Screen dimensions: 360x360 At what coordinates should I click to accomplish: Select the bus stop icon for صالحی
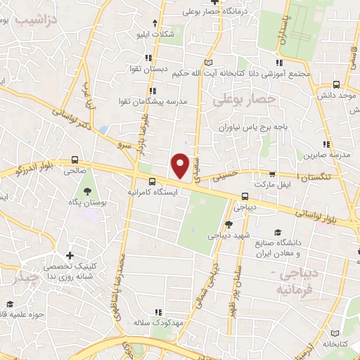(x=75, y=160)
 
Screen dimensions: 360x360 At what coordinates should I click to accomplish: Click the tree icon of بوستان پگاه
(x=86, y=191)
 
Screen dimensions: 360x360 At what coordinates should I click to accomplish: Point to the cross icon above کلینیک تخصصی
(x=68, y=256)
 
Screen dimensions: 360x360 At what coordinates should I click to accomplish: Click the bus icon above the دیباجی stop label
(x=245, y=197)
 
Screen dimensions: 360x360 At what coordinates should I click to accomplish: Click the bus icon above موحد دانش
(x=336, y=82)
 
